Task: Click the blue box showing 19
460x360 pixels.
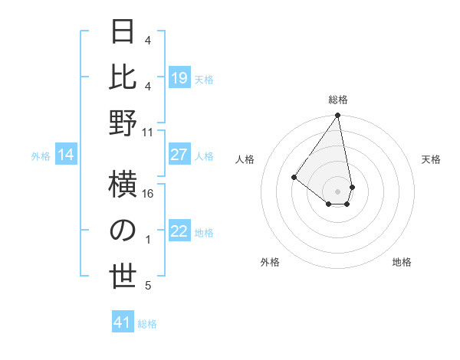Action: tap(179, 78)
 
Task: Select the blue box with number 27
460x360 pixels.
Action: tap(179, 155)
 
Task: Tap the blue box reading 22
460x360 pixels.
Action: tap(179, 232)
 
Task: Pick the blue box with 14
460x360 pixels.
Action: tap(66, 155)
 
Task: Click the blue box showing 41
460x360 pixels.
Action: tap(123, 322)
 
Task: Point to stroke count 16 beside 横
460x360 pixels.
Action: tap(149, 194)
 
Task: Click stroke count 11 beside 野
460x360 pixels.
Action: tap(149, 132)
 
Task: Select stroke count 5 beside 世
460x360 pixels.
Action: tap(148, 286)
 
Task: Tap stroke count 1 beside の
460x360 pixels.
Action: tap(148, 240)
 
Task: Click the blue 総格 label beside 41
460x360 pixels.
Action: tap(147, 324)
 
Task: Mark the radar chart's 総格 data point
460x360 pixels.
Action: tap(337, 116)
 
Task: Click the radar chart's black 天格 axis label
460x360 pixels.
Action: tap(432, 159)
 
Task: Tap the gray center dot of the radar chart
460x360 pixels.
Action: tap(337, 191)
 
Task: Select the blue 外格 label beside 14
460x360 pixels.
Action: tap(41, 156)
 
